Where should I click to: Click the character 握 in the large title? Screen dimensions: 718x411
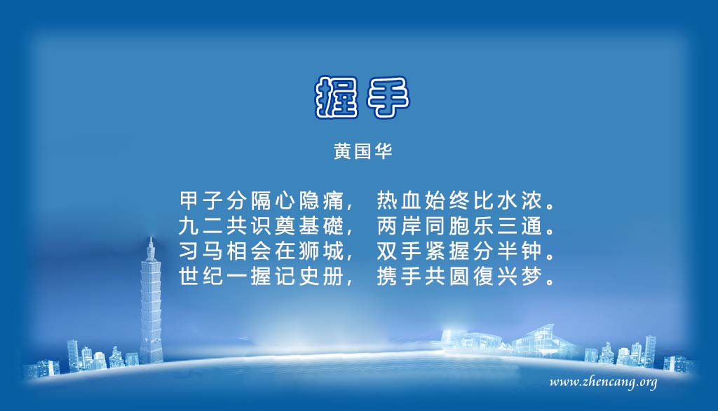pyautogui.click(x=337, y=97)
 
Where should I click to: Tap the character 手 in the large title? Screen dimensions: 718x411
pyautogui.click(x=387, y=97)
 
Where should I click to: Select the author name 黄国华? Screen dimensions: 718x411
pyautogui.click(x=363, y=151)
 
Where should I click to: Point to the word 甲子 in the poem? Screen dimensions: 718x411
pyautogui.click(x=201, y=200)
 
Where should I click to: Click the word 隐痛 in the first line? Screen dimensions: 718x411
pyautogui.click(x=321, y=200)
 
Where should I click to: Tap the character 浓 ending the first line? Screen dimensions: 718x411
pyautogui.click(x=531, y=200)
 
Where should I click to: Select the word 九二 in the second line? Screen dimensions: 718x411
pyautogui.click(x=201, y=225)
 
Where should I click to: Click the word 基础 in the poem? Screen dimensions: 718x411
pyautogui.click(x=321, y=225)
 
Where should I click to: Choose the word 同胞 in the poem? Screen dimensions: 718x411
pyautogui.click(x=447, y=225)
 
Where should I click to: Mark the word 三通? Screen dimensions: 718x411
pyautogui.click(x=520, y=225)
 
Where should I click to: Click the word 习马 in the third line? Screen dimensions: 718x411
pyautogui.click(x=201, y=251)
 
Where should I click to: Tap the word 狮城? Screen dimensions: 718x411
pyautogui.click(x=321, y=251)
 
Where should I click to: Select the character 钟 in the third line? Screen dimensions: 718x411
pyautogui.click(x=531, y=251)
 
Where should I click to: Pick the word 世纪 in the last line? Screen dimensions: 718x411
pyautogui.click(x=201, y=276)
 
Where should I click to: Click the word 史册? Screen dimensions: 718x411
pyautogui.click(x=321, y=276)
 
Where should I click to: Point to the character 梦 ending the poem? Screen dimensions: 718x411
pyautogui.click(x=531, y=276)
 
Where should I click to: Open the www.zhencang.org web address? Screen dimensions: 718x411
pyautogui.click(x=603, y=382)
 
